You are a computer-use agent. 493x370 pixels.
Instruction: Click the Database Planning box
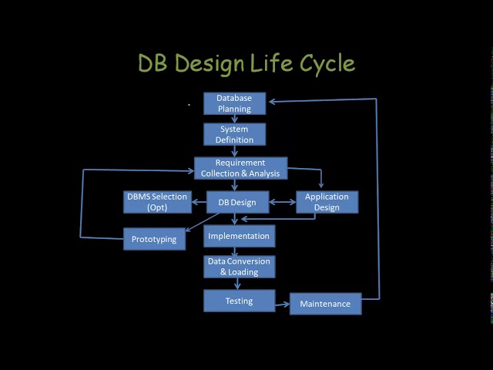pos(234,103)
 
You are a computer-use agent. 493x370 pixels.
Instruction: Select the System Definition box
pos(234,134)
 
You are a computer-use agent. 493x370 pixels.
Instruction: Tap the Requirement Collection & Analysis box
pos(240,168)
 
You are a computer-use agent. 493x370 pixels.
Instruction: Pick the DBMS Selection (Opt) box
pos(157,202)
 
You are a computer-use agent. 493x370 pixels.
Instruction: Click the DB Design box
pos(237,202)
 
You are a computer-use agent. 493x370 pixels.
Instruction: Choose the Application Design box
pos(327,202)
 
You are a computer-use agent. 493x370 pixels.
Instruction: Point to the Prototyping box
pos(154,239)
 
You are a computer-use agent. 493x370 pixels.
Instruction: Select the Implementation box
pos(239,236)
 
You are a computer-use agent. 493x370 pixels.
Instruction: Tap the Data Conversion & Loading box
pos(239,267)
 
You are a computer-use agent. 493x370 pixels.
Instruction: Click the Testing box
pos(239,301)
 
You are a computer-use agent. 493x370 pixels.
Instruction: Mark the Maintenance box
pos(325,304)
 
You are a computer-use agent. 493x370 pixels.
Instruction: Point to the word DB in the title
pos(155,63)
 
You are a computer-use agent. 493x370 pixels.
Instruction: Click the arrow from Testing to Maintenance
pos(282,304)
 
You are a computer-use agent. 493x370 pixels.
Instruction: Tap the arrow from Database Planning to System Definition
pos(234,119)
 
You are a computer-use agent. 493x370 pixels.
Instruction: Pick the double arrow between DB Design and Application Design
pos(282,203)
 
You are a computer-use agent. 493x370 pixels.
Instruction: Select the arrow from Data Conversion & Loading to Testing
pos(238,284)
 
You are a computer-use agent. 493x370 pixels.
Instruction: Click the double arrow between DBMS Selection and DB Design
pos(199,203)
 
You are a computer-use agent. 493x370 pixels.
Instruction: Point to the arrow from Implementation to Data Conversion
pos(236,251)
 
